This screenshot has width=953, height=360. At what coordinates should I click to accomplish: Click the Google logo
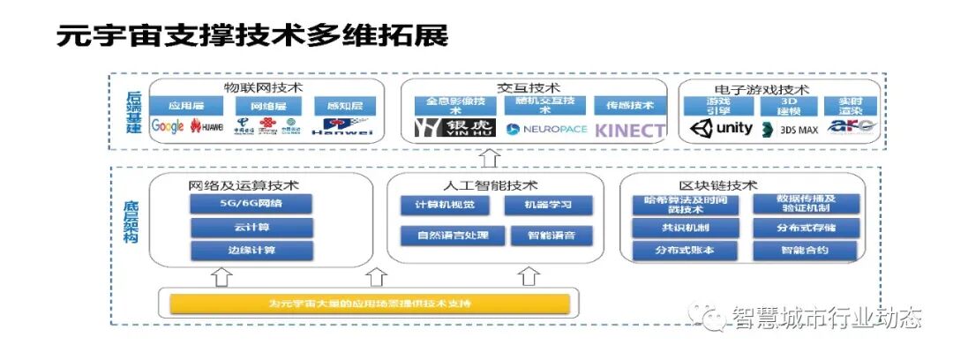point(168,126)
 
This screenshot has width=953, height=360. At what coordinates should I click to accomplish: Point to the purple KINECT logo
point(629,130)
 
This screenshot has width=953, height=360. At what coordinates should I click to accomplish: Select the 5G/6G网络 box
point(251,204)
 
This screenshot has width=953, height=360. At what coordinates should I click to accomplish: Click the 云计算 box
point(251,227)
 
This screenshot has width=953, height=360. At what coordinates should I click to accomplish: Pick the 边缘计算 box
point(251,250)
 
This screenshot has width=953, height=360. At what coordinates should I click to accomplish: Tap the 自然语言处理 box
point(453,235)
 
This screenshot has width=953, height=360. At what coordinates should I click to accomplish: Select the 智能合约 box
point(806,250)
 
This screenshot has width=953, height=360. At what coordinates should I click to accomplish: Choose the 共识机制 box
point(685,227)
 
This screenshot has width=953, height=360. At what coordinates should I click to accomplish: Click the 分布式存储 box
point(806,227)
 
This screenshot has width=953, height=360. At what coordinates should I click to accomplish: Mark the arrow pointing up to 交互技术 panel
point(492,159)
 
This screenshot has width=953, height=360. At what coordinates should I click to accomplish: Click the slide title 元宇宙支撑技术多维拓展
point(252,36)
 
